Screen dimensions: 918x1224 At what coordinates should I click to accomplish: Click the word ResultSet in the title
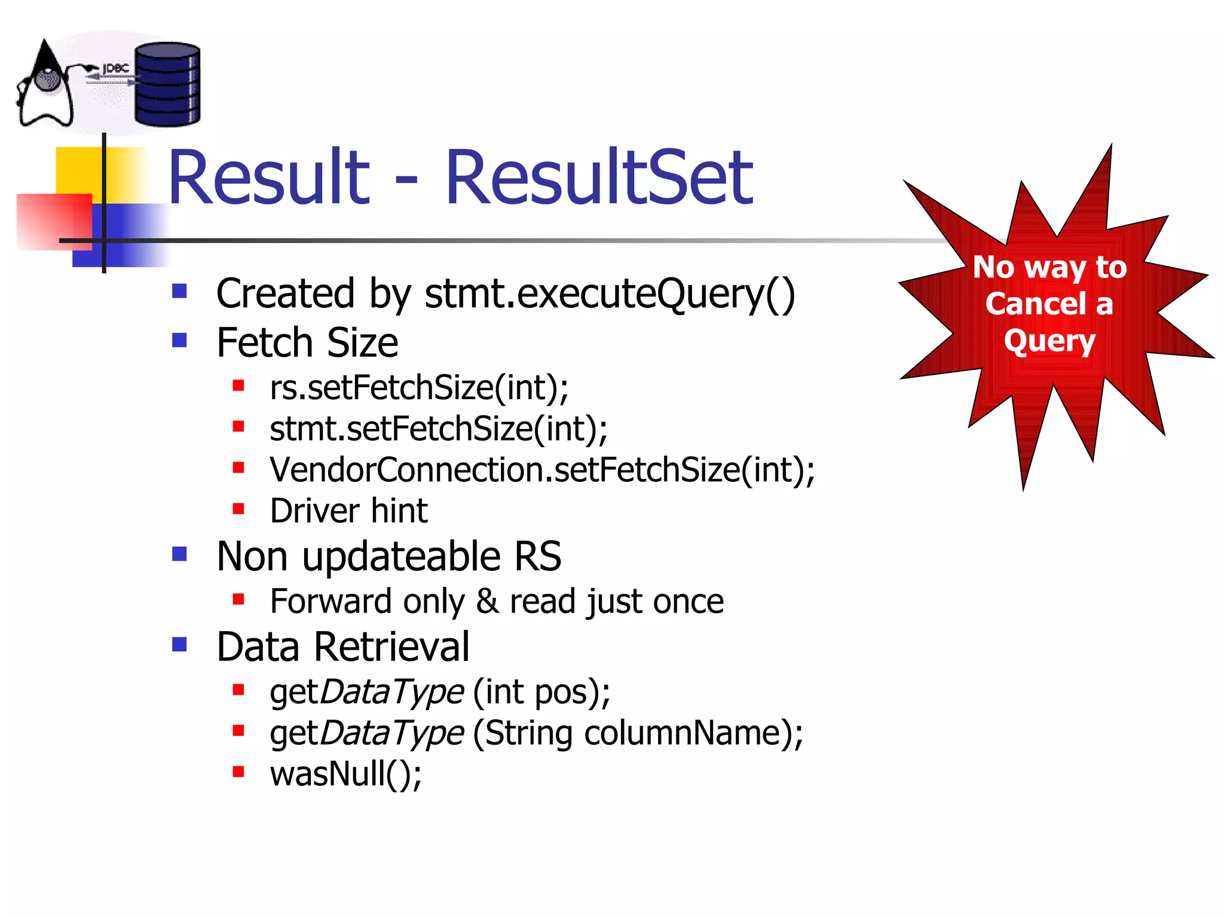pos(599,178)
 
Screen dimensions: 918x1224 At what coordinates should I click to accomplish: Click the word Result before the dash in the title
pos(269,178)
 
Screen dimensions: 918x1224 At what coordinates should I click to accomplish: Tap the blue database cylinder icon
pos(167,85)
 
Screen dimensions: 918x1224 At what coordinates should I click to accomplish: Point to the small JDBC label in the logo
pos(115,69)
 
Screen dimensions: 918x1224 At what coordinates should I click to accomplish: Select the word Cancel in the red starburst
pos(1035,304)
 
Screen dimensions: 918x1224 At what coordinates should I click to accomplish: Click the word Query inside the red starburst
pos(1049,341)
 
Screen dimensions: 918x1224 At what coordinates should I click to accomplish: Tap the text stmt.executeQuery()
pos(610,294)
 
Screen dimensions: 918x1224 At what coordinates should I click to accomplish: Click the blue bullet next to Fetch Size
pos(179,341)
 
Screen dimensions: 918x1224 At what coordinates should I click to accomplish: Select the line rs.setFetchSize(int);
pos(418,388)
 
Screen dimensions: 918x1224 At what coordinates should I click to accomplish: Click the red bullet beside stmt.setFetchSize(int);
pos(238,427)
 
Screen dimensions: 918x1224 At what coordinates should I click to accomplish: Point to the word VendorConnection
pos(406,470)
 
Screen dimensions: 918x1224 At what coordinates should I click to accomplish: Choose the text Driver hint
pos(348,511)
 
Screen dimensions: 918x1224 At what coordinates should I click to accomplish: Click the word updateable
pos(401,557)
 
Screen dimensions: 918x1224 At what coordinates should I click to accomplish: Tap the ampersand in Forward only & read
pos(487,601)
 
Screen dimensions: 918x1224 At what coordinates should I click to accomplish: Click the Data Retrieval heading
pos(342,647)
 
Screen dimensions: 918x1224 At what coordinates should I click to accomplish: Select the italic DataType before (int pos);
pos(391,693)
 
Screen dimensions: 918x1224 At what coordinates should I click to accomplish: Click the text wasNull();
pos(345,774)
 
